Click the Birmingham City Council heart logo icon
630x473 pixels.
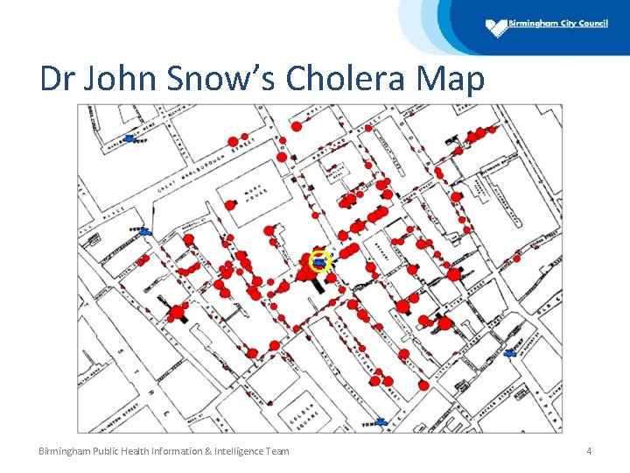pos(497,27)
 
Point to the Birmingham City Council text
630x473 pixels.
pos(560,24)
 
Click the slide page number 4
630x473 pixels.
pos(589,451)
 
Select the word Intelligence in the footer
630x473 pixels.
pos(210,451)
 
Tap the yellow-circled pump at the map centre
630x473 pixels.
pos(320,260)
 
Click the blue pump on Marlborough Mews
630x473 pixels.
pos(131,138)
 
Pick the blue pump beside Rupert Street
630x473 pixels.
pos(512,353)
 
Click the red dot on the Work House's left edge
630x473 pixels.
pos(230,205)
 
